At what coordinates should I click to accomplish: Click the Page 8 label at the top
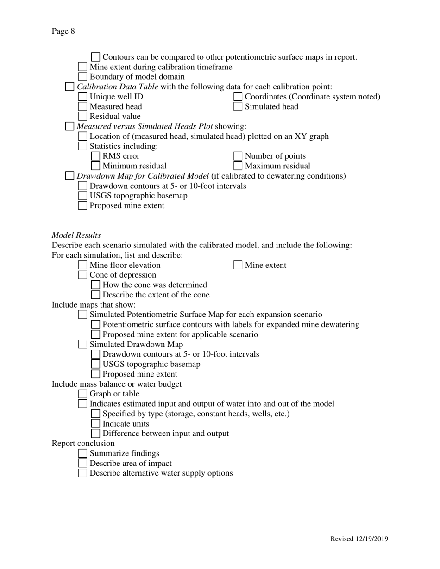click(63, 31)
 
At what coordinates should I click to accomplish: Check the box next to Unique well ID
click(82, 97)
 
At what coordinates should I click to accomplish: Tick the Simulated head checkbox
click(238, 106)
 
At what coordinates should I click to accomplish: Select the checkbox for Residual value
click(82, 117)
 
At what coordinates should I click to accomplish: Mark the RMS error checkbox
click(95, 156)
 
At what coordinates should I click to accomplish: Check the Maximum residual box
click(238, 166)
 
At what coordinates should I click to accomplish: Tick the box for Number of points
click(238, 156)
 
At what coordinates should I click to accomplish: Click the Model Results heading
click(76, 235)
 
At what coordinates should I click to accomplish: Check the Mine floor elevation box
click(82, 265)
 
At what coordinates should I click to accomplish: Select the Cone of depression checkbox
click(82, 275)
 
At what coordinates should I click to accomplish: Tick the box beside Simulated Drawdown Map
click(82, 344)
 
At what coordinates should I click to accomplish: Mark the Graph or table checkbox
click(82, 394)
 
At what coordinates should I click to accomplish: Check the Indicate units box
click(95, 423)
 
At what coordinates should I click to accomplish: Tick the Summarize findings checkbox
click(82, 453)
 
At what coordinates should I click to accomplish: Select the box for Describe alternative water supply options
click(82, 473)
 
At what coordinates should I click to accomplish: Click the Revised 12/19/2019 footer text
click(359, 538)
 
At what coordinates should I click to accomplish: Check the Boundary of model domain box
click(82, 77)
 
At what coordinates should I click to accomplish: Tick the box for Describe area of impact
click(82, 463)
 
